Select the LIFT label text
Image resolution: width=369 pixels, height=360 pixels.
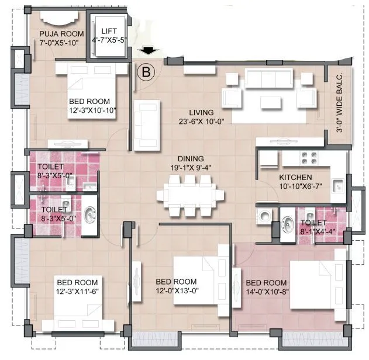pos(109,32)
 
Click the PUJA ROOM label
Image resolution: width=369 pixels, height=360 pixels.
pos(61,34)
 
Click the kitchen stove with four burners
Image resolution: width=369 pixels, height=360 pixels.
pos(310,158)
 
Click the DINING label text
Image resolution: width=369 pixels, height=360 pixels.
pos(191,158)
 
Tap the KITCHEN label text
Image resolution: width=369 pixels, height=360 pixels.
pos(295,177)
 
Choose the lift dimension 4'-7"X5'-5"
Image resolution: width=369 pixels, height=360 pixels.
pos(110,41)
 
